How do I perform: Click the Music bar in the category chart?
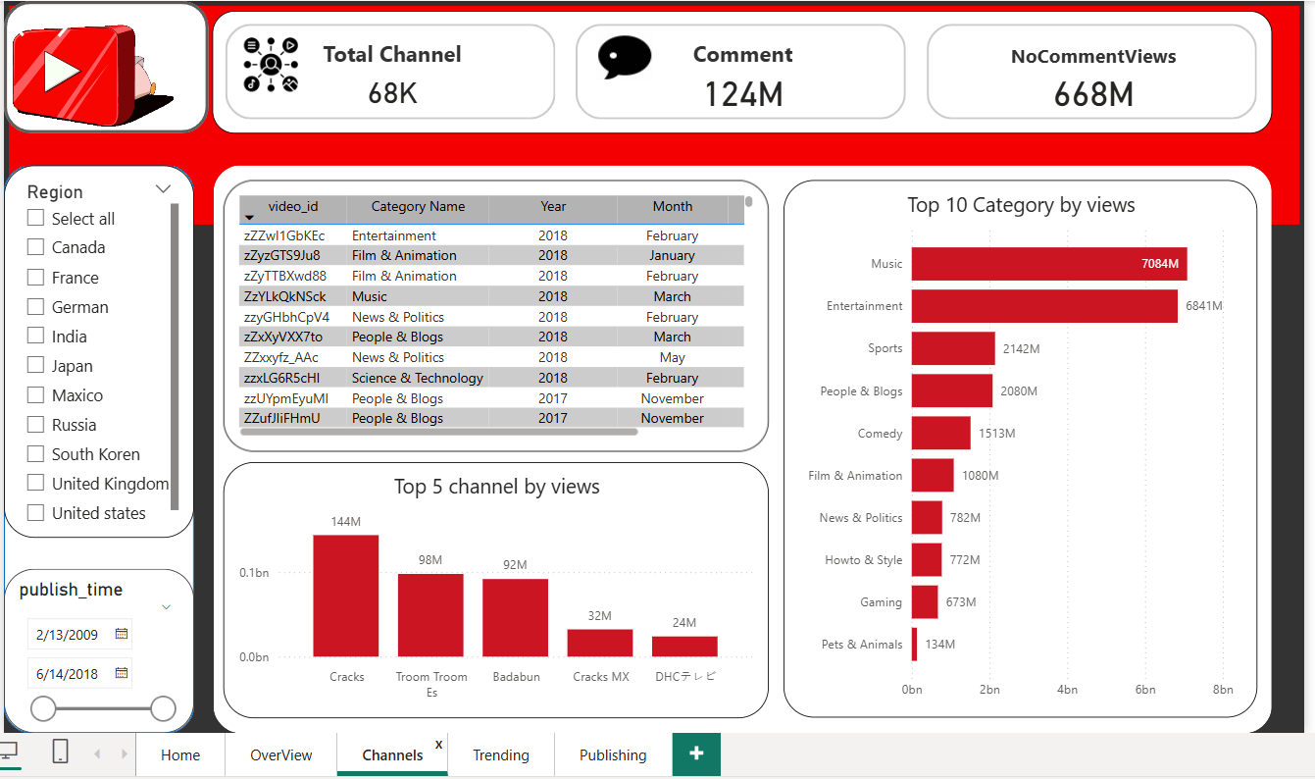tap(1048, 264)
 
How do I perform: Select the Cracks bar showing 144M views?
tap(346, 596)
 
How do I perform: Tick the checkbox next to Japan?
tap(36, 366)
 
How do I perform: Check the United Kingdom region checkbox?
tap(36, 484)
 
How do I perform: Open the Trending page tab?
tap(500, 754)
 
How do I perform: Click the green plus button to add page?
tap(696, 753)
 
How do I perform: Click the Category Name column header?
tap(418, 207)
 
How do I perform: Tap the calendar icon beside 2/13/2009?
tap(122, 634)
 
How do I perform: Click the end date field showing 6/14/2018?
tap(68, 674)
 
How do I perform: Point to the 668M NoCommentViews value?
tap(1093, 94)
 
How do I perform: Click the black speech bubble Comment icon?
tap(625, 57)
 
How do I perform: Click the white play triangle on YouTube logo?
tap(61, 71)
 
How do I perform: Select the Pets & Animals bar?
tap(915, 645)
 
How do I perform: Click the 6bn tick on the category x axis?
tap(1145, 690)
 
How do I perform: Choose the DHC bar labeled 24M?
tap(684, 647)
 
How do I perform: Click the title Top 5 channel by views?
tap(496, 487)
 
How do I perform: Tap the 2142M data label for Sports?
tap(1021, 348)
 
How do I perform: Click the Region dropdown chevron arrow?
tap(163, 190)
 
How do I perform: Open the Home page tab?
tap(180, 754)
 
